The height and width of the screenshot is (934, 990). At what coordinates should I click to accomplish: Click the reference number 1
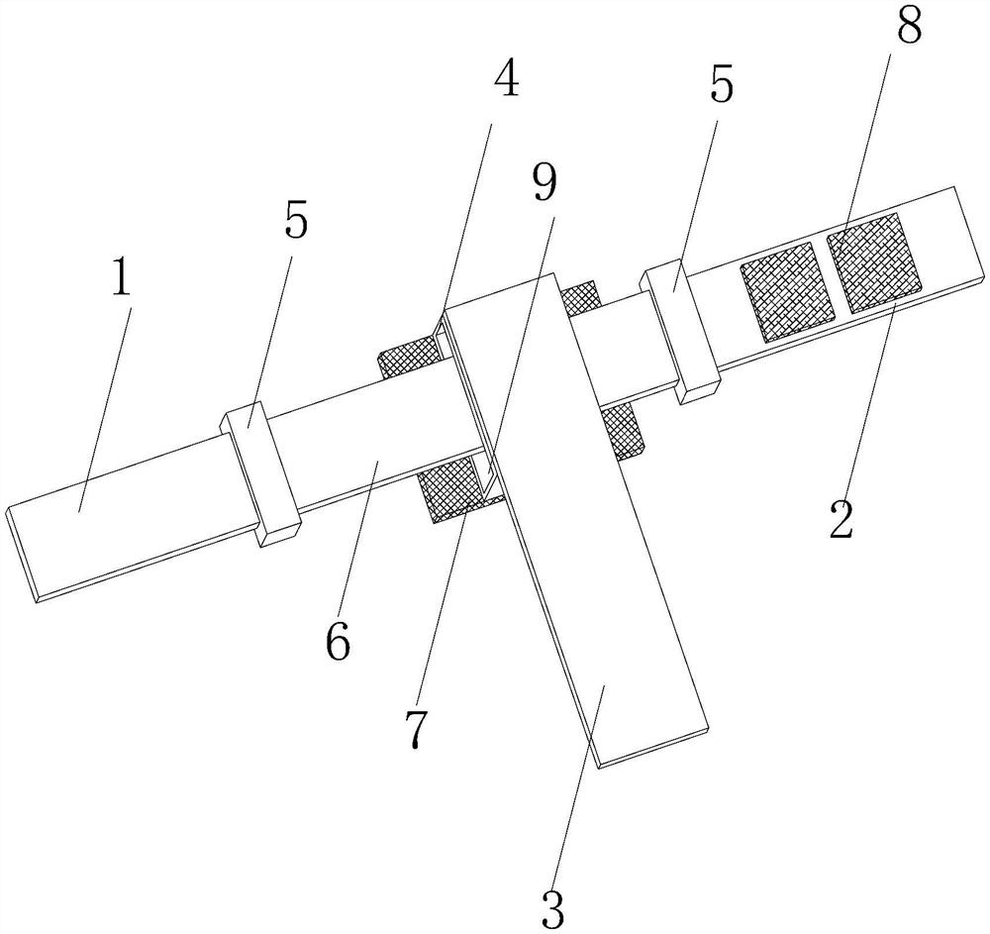(x=120, y=278)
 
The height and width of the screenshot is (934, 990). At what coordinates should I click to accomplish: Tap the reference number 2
(x=841, y=518)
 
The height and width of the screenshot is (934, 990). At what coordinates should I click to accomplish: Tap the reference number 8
(x=908, y=23)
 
